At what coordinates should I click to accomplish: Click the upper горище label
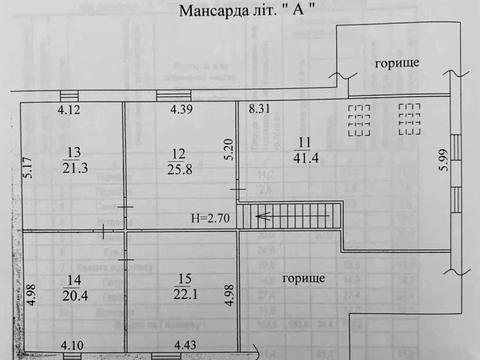click(x=396, y=63)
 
